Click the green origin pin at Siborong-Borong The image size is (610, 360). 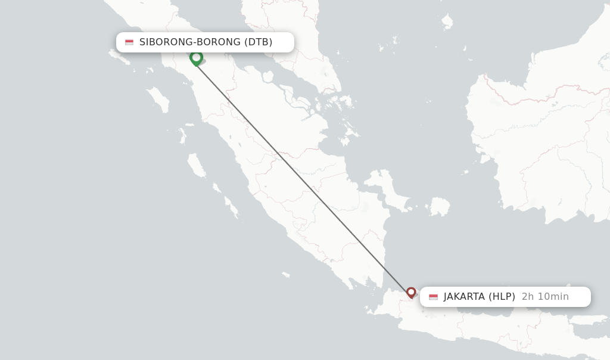coord(196,58)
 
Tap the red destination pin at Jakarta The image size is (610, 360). coord(411,292)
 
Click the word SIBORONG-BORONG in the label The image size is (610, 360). coord(190,42)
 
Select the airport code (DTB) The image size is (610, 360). coord(259,42)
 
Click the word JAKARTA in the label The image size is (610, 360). coord(464,297)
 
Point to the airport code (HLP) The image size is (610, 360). coord(502,297)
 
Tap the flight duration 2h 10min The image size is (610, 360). coord(545,297)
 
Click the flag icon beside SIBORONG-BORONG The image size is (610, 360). coord(129,42)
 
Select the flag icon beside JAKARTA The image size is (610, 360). coord(433,297)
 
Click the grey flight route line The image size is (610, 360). coord(304,176)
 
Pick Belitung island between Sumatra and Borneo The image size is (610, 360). coord(440,207)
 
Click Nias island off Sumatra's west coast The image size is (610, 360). coord(158,99)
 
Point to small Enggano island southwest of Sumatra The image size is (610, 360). coord(286,275)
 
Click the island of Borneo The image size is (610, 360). coord(536,149)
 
